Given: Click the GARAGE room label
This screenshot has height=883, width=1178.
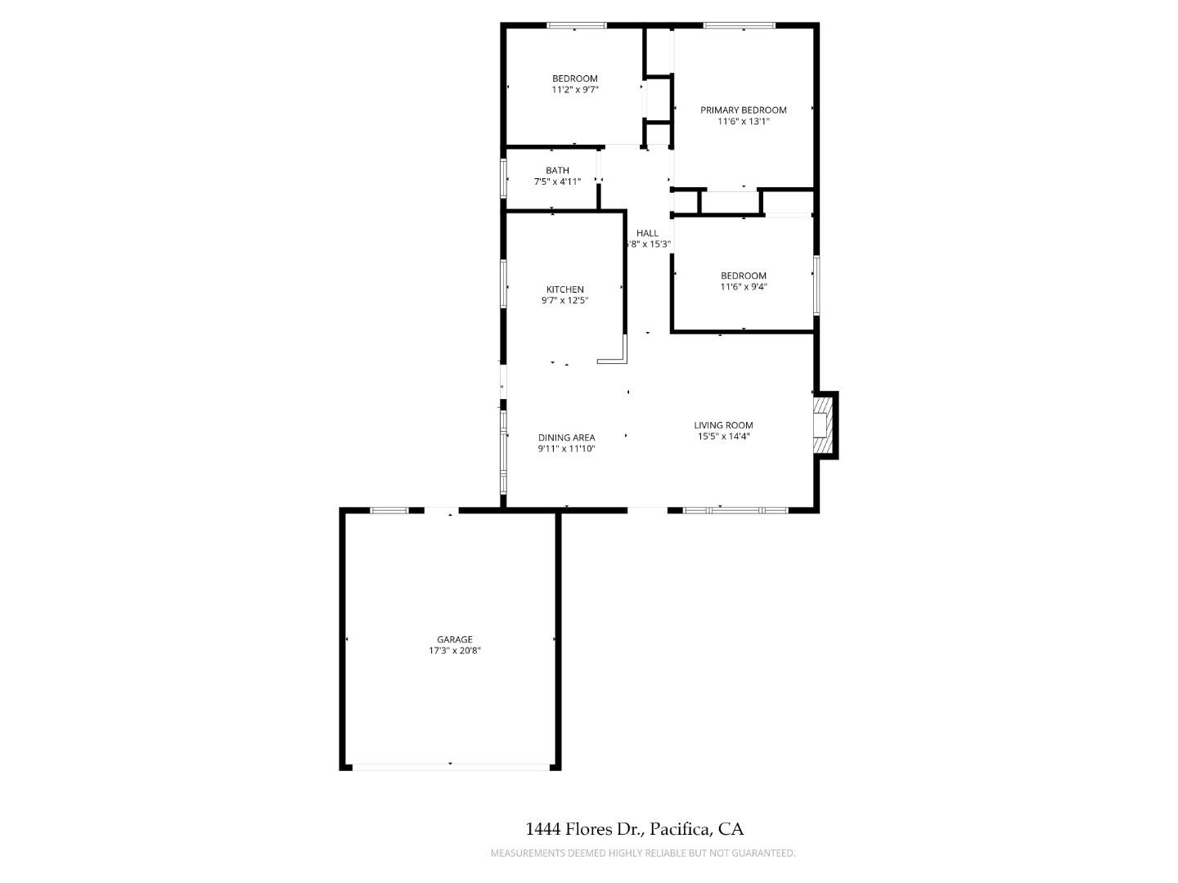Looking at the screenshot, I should pyautogui.click(x=454, y=639).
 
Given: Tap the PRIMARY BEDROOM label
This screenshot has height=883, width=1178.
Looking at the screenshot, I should pyautogui.click(x=743, y=110).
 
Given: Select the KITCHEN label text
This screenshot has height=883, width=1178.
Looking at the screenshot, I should pyautogui.click(x=564, y=289).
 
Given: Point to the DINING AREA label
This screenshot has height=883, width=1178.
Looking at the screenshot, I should pyautogui.click(x=566, y=437).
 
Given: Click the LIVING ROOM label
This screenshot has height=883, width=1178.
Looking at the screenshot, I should pyautogui.click(x=723, y=425).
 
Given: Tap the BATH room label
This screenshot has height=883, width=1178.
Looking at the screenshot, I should pyautogui.click(x=557, y=170).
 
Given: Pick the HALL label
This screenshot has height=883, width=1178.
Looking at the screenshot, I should pyautogui.click(x=647, y=233).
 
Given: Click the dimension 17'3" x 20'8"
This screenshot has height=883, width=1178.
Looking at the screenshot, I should pyautogui.click(x=454, y=651).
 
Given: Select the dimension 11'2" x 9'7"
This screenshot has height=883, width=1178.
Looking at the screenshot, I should pyautogui.click(x=574, y=90).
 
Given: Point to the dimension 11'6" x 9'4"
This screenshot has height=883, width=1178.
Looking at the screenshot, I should pyautogui.click(x=743, y=287).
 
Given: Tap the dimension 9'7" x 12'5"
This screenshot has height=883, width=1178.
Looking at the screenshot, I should pyautogui.click(x=564, y=301).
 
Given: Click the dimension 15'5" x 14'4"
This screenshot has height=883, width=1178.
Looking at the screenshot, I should pyautogui.click(x=723, y=437).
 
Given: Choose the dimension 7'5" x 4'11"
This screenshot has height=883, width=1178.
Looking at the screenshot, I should pyautogui.click(x=557, y=182).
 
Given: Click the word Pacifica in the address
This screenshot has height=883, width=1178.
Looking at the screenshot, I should pyautogui.click(x=679, y=829).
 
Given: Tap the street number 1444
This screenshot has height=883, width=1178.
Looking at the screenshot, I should pyautogui.click(x=542, y=829).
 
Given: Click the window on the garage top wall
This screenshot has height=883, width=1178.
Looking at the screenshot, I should pyautogui.click(x=389, y=511).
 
